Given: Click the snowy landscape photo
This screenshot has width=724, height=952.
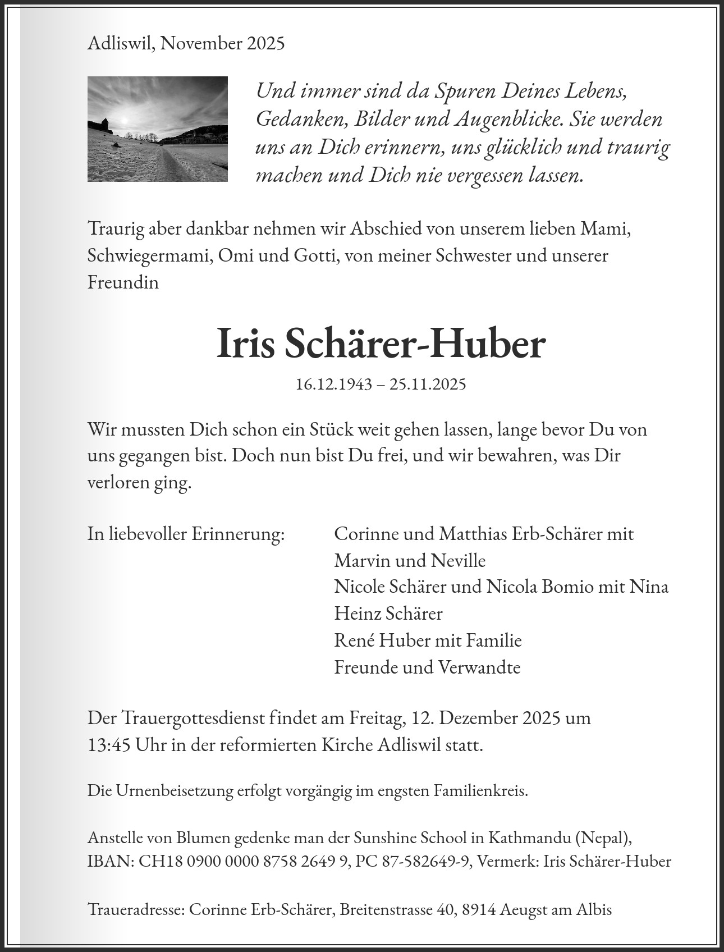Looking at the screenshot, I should click(x=158, y=129).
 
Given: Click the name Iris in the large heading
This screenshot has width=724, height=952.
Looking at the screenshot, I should click(x=245, y=344).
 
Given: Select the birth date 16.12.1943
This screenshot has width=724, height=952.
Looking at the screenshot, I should click(x=334, y=385).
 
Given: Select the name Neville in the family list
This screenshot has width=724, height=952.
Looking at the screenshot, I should click(x=459, y=560).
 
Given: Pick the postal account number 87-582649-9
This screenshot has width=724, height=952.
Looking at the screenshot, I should click(x=425, y=862).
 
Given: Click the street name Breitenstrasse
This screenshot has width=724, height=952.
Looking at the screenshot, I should click(x=386, y=910).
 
